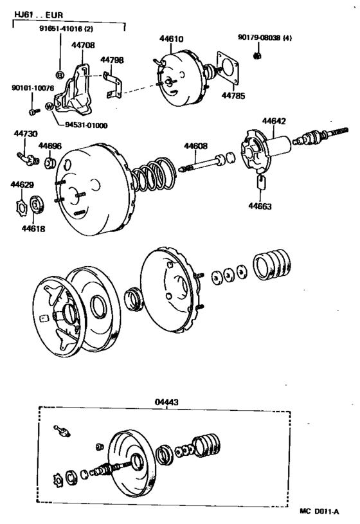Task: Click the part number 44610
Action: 172,39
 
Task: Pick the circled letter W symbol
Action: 49,106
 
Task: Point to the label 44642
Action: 274,120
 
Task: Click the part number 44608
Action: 196,146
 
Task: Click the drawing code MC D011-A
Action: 319,512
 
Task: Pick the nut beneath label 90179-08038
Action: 256,55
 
